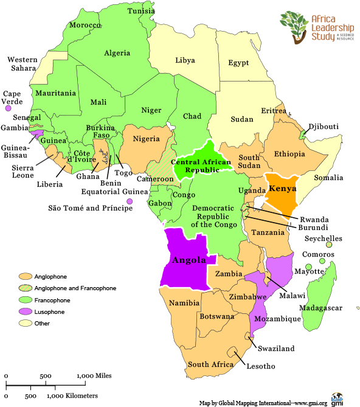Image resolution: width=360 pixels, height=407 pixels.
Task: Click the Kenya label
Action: (282, 188)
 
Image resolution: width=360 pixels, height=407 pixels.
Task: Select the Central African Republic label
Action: (201, 167)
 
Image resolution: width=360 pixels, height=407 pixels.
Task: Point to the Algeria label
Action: (117, 53)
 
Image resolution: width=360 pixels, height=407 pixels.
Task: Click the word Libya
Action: (185, 60)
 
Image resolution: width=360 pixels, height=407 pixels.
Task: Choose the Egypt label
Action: (238, 63)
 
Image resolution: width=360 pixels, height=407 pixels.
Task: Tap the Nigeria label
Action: (146, 139)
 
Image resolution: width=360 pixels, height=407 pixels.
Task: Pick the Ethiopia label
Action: (289, 154)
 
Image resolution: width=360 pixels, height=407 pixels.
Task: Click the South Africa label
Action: (210, 364)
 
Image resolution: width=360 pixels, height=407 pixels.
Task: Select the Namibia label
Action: (184, 302)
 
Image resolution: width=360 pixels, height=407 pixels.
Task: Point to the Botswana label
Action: (216, 316)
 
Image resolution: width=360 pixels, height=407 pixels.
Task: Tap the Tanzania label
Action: (268, 232)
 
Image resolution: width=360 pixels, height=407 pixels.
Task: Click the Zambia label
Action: (229, 274)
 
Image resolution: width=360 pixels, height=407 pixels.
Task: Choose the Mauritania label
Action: (55, 93)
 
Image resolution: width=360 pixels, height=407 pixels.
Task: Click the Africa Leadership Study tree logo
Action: (294, 26)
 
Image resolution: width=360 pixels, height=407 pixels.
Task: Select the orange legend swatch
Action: (25, 276)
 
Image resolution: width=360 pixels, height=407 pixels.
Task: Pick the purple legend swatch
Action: (25, 311)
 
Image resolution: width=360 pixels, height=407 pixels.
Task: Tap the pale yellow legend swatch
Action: (25, 322)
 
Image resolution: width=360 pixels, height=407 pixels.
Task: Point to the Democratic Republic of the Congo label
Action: (210, 216)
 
